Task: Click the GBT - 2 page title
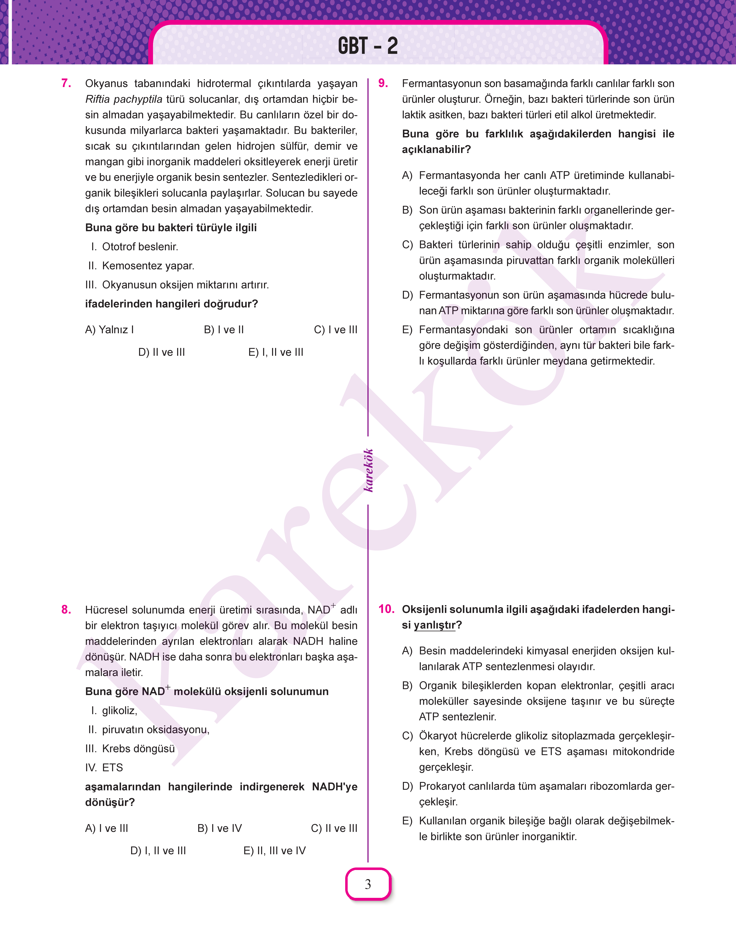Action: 368,46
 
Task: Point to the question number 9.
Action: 383,83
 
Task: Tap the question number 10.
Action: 386,609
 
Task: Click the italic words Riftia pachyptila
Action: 124,99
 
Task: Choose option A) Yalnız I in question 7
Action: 109,330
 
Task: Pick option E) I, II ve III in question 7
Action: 276,352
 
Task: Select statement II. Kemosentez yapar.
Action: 141,266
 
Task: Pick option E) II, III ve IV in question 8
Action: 275,851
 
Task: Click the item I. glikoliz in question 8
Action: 114,710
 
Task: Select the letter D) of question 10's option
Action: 407,786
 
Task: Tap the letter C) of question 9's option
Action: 407,245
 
